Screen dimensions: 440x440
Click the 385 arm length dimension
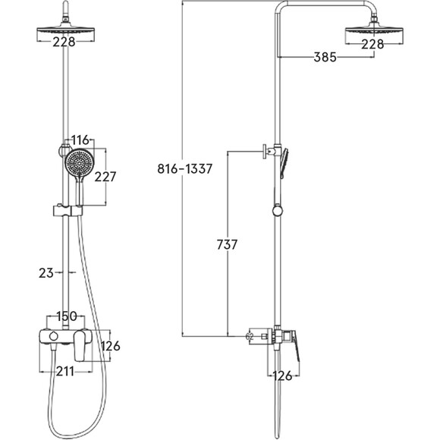325,57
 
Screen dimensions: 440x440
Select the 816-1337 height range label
184,168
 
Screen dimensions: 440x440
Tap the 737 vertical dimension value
227,244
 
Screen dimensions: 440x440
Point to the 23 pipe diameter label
46,273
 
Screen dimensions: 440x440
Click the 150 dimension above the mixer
67,316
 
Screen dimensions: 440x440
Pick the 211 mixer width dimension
65,372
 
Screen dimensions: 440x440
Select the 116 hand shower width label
80,140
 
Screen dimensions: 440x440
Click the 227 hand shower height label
105,177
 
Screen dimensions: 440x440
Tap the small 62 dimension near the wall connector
250,336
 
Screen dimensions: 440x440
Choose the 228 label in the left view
64,42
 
